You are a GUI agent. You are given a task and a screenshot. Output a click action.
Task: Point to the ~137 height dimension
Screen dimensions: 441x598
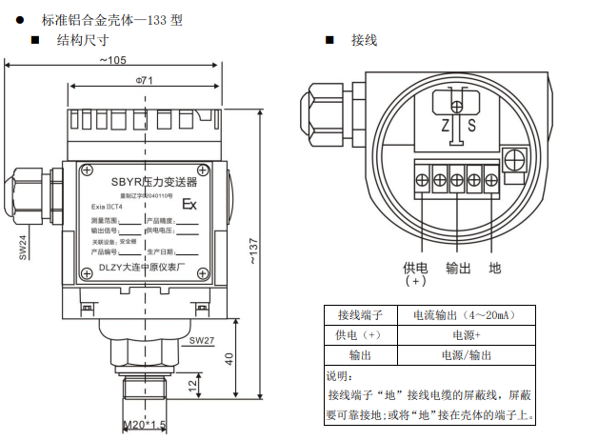254,251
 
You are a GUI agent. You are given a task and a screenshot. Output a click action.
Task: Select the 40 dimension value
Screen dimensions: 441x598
229,358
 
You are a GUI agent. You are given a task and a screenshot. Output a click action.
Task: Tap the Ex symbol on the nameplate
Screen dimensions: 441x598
189,204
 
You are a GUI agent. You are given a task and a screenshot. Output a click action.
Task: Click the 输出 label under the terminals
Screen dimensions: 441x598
458,269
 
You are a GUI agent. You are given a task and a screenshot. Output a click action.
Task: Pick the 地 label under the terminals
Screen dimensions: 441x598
495,269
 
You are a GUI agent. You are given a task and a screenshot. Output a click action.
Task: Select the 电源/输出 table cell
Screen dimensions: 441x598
467,354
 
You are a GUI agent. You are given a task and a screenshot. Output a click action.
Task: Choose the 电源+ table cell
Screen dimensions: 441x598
467,335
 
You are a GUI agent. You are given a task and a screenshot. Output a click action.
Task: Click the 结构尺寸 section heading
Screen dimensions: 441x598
83,40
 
